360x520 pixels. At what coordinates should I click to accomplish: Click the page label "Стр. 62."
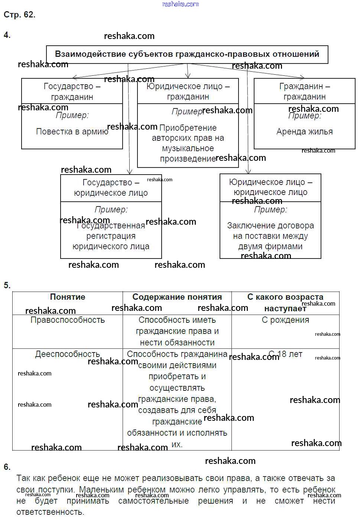(x=19, y=14)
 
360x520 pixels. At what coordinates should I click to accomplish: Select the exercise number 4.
(x=7, y=35)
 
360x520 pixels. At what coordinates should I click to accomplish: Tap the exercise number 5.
(x=7, y=285)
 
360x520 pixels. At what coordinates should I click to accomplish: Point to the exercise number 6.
(x=7, y=467)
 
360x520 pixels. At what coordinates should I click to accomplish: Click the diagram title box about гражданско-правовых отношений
(x=187, y=54)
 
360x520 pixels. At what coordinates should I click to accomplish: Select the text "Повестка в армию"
(x=72, y=131)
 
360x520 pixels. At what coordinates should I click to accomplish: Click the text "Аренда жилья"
(x=304, y=131)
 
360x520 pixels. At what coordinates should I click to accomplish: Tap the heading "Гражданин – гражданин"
(x=304, y=91)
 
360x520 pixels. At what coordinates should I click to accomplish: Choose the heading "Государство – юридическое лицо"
(x=111, y=188)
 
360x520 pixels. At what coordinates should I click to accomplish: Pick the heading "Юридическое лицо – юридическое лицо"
(x=270, y=187)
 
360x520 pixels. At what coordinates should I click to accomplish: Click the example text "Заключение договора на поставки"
(x=270, y=231)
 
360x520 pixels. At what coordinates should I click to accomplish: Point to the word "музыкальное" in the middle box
(x=188, y=148)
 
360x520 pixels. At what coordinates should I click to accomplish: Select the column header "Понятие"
(x=67, y=297)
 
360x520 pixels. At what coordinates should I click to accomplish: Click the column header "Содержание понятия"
(x=177, y=297)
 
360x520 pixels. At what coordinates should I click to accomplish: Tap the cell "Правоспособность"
(x=67, y=320)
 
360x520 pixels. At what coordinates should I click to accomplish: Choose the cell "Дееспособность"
(x=67, y=354)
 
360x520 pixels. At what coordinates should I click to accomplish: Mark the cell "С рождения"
(x=285, y=320)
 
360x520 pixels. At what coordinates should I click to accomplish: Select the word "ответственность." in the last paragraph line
(x=50, y=512)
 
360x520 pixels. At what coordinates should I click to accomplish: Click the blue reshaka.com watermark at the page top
(x=181, y=4)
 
